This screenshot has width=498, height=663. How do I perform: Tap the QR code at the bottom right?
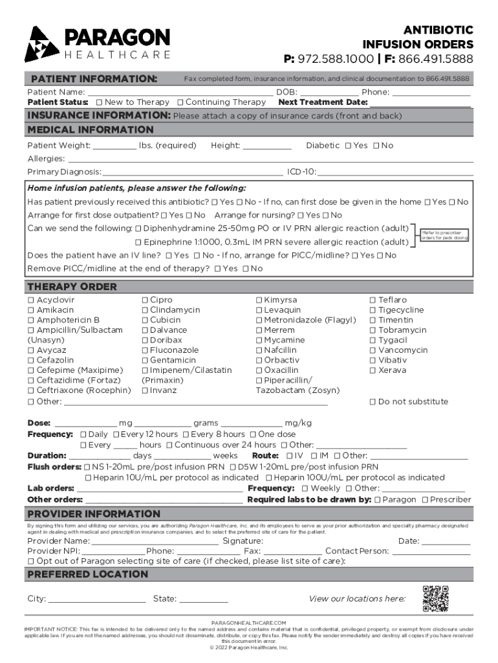click(x=435, y=598)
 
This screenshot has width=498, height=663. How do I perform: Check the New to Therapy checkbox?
click(x=99, y=102)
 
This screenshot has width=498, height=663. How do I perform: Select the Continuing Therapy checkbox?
click(x=180, y=102)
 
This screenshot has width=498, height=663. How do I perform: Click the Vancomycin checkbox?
click(x=373, y=350)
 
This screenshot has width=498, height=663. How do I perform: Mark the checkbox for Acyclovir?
click(x=31, y=300)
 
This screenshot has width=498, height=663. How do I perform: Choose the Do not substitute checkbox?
click(x=373, y=402)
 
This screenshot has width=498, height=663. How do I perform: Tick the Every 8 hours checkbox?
click(x=186, y=434)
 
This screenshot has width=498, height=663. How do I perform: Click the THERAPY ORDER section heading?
click(x=72, y=287)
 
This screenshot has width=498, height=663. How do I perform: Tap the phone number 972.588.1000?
click(x=337, y=59)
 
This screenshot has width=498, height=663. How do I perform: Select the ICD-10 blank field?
click(x=395, y=172)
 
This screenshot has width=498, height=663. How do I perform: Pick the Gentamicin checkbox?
click(x=145, y=361)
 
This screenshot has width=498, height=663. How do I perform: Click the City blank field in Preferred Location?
click(x=97, y=599)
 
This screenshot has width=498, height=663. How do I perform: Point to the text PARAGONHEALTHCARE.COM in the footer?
click(x=249, y=622)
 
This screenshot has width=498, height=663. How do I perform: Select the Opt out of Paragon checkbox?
click(x=31, y=561)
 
